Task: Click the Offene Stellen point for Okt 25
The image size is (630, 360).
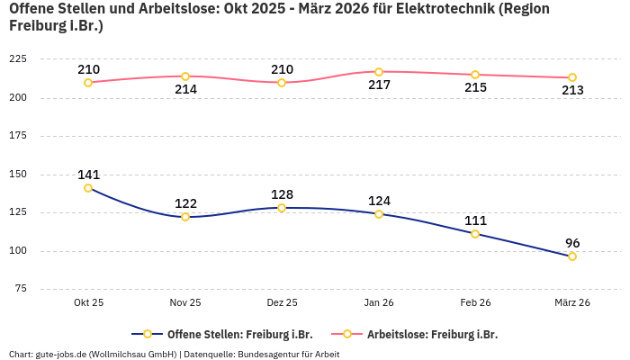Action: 88,188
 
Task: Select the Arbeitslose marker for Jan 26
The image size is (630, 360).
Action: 379,72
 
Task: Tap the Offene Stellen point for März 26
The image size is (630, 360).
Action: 572,256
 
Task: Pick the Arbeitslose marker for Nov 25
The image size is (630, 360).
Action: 185,76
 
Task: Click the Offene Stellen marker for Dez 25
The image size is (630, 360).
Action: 282,208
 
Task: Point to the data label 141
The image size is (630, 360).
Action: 88,175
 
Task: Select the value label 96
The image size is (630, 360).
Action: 572,243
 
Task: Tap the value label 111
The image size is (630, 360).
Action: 475,220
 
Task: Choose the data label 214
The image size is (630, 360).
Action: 185,90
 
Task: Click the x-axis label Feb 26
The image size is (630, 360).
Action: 475,302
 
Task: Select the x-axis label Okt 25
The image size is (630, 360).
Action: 88,302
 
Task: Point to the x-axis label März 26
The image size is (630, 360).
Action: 572,302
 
